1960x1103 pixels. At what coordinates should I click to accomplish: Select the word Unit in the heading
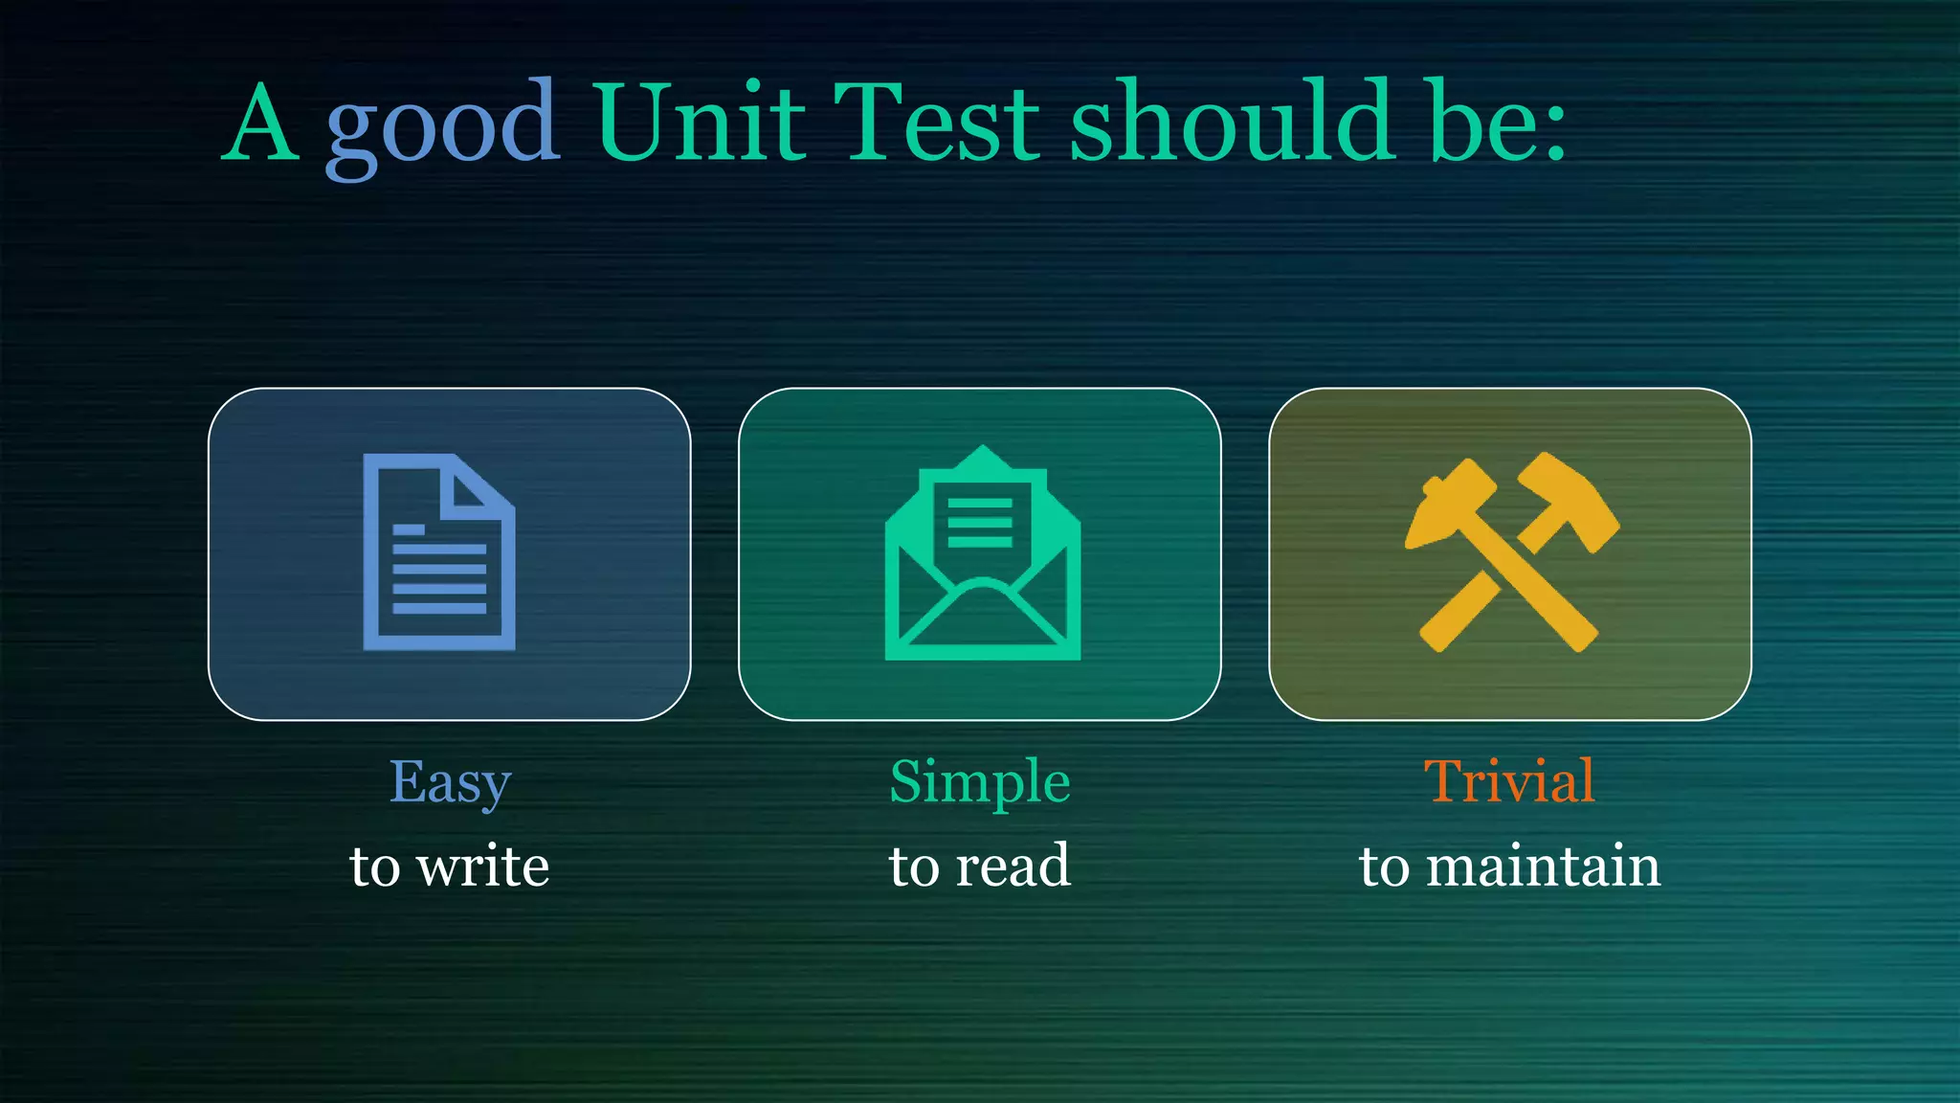(700, 123)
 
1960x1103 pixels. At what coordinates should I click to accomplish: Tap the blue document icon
(439, 551)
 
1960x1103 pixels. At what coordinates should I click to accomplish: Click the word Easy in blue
(450, 782)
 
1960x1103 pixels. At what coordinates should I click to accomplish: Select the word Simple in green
(979, 782)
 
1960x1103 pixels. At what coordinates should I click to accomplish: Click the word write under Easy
(484, 867)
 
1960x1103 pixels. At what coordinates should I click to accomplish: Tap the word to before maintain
(1384, 867)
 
